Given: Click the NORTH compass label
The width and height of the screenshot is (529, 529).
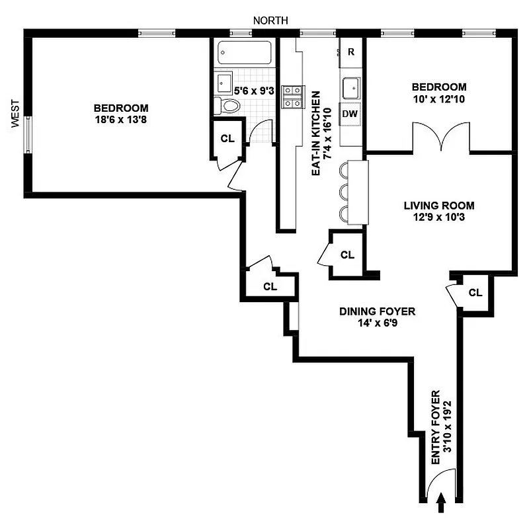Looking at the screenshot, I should click(x=270, y=20).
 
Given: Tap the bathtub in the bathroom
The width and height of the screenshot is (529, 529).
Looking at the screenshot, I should click(x=243, y=53).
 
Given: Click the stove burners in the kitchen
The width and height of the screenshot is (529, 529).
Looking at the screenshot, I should click(x=292, y=97).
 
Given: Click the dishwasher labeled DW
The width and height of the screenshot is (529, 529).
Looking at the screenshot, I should click(x=350, y=113).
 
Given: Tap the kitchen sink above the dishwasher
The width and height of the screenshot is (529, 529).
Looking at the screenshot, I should click(x=351, y=86).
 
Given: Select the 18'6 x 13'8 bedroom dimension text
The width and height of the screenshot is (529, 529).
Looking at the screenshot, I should click(x=121, y=120).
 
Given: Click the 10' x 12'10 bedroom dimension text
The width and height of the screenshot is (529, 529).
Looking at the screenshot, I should click(x=438, y=99).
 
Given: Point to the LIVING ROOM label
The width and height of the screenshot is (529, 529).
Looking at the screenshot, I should click(x=438, y=205).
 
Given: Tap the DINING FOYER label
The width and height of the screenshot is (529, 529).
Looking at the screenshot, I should click(x=378, y=311).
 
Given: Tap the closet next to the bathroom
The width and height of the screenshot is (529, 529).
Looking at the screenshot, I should click(x=227, y=139).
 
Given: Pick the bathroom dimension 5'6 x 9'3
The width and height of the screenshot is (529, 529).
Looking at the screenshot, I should click(x=255, y=91).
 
